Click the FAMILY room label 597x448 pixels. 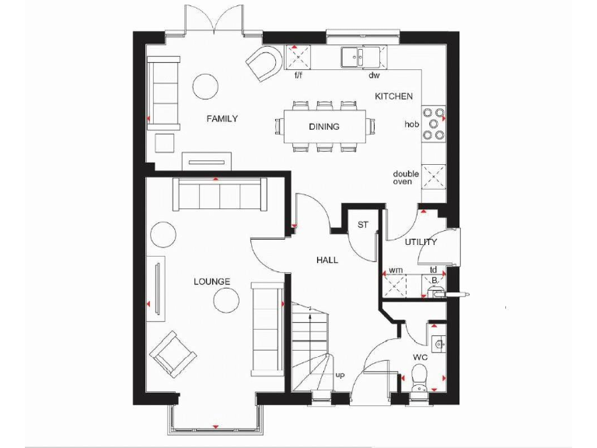222,119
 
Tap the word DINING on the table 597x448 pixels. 323,126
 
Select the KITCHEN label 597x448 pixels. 393,96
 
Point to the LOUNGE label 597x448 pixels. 211,282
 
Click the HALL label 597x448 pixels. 326,260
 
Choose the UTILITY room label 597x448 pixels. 421,242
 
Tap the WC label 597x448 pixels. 420,358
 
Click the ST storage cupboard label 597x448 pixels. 362,226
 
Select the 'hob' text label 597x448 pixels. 411,124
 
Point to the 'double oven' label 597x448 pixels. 405,178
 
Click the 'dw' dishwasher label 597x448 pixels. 373,75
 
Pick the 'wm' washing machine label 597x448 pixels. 396,270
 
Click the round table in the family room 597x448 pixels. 206,85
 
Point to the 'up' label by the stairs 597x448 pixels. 340,376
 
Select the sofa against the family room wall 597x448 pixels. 162,92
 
